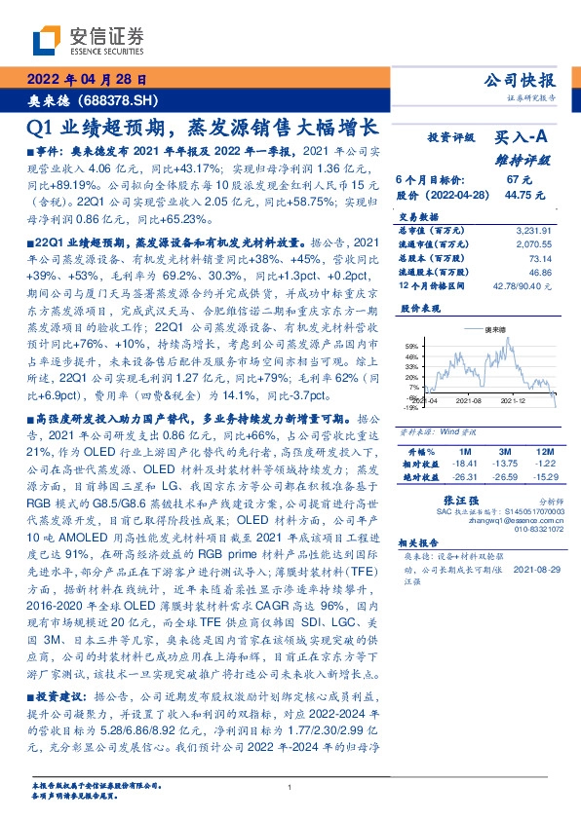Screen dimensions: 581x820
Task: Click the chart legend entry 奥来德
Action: [x=499, y=330]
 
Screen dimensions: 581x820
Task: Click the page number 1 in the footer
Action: [x=290, y=786]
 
